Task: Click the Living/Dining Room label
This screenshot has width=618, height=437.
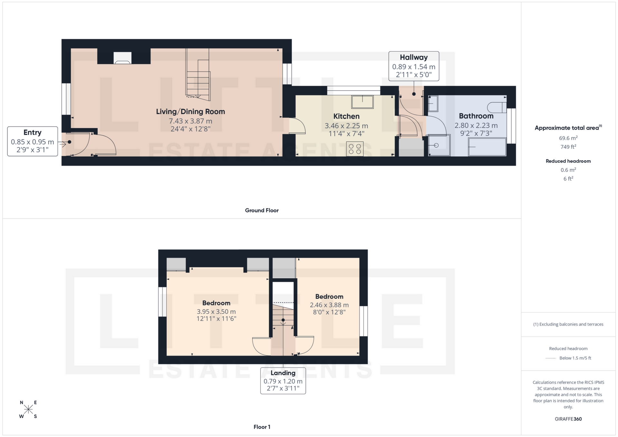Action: click(190, 112)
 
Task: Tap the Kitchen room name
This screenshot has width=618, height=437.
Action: click(346, 116)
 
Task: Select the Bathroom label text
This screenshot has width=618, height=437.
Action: click(476, 116)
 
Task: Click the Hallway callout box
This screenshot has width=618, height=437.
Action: click(414, 66)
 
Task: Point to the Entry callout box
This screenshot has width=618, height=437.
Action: click(33, 141)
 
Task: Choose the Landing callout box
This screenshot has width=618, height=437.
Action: click(283, 381)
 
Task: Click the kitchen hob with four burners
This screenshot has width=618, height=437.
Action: click(355, 149)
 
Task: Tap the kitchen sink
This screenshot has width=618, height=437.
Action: click(362, 102)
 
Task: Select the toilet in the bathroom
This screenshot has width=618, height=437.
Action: click(497, 107)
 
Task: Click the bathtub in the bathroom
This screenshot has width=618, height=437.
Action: click(487, 147)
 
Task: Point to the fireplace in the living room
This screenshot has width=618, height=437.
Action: click(122, 58)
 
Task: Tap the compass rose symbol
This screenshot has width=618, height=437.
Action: click(28, 409)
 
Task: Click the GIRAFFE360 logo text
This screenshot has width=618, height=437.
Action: click(568, 419)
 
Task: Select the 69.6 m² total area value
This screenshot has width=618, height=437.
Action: click(568, 138)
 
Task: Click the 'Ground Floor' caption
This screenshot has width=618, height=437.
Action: click(262, 210)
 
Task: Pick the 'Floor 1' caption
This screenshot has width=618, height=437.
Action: click(262, 427)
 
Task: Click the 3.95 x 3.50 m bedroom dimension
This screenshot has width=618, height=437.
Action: click(216, 311)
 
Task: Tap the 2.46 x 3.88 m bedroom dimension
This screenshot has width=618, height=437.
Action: click(329, 305)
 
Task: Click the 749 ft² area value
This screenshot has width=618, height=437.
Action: click(568, 147)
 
